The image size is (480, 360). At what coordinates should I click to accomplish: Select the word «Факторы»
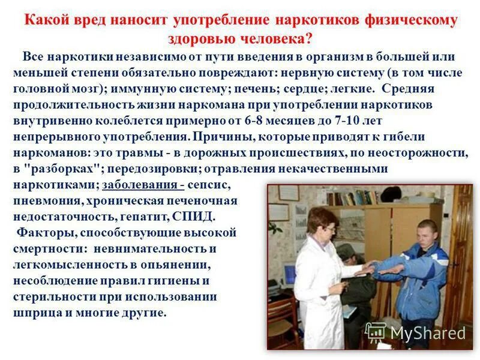coord(44,232)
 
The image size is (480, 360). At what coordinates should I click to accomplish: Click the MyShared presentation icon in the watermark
coord(376,332)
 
